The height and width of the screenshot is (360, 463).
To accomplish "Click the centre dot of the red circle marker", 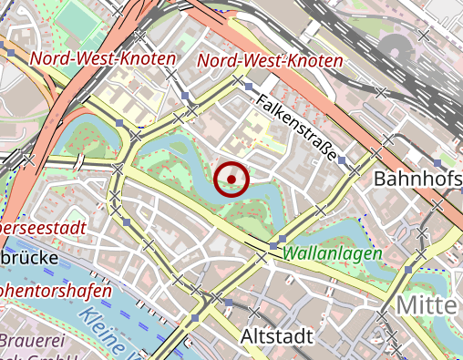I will [231, 179].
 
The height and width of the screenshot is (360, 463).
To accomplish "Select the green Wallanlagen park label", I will [333, 254].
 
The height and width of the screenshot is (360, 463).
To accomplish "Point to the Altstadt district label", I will [275, 336].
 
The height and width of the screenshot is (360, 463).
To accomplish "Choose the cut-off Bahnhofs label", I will [418, 179].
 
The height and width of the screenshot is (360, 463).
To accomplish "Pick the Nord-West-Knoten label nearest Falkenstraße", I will [270, 61].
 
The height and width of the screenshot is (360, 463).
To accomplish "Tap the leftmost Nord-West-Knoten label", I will [102, 58].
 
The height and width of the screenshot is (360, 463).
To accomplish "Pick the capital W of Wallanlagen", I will [291, 254].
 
